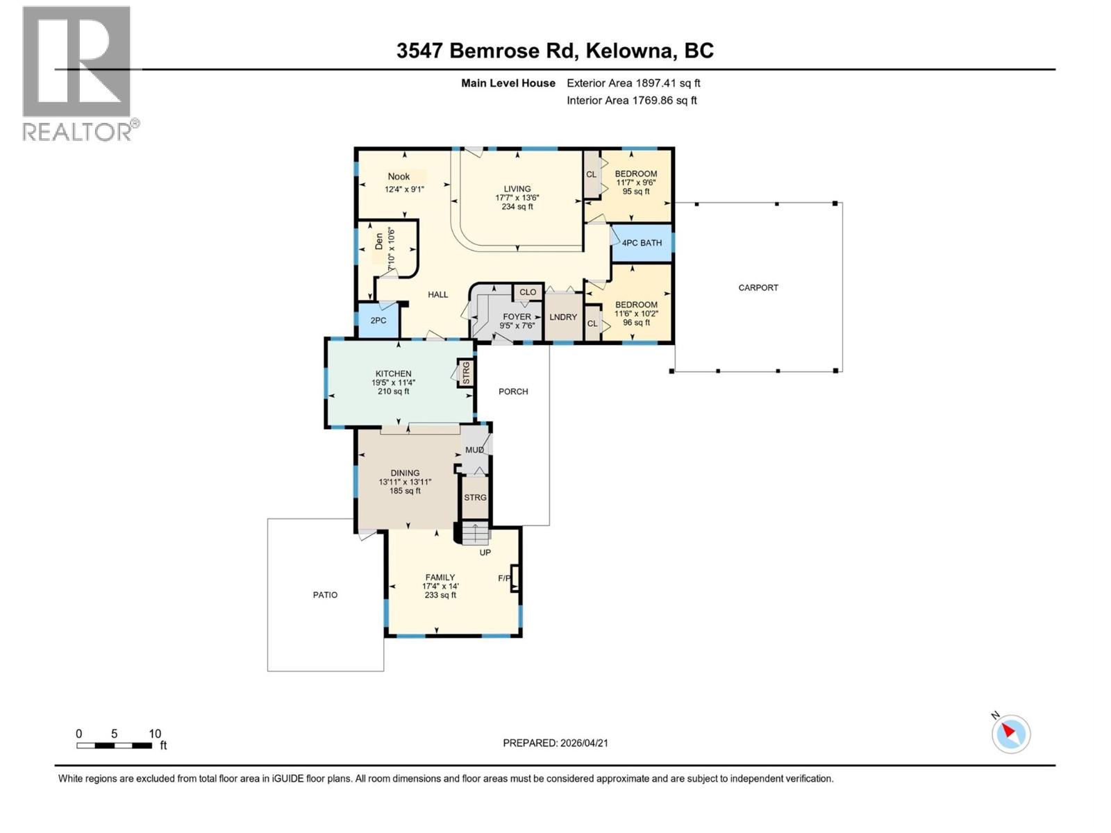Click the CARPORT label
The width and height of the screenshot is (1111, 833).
tap(758, 287)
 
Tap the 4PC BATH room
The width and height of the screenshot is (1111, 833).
tap(641, 243)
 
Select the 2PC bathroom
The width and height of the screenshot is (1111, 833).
tap(378, 321)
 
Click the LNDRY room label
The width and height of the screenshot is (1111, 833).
tap(563, 317)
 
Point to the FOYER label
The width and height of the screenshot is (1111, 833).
tap(517, 317)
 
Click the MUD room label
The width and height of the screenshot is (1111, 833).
tap(474, 450)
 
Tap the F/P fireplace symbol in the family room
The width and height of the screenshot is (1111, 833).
tap(515, 578)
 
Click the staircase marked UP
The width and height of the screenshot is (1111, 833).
tap(475, 535)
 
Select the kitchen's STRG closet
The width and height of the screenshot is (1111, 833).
tap(466, 373)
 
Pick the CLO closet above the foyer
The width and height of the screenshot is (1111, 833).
tap(528, 292)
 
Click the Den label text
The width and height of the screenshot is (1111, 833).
tap(379, 241)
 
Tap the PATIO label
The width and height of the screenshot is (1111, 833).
tap(325, 595)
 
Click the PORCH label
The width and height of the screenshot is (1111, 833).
tap(513, 392)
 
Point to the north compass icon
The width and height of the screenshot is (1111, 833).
tap(1010, 733)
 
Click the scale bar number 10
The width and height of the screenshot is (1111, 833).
tap(155, 734)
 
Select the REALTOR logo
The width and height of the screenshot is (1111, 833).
tap(78, 73)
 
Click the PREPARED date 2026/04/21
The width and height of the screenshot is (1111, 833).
tap(583, 743)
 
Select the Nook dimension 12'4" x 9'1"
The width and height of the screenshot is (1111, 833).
tap(404, 189)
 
